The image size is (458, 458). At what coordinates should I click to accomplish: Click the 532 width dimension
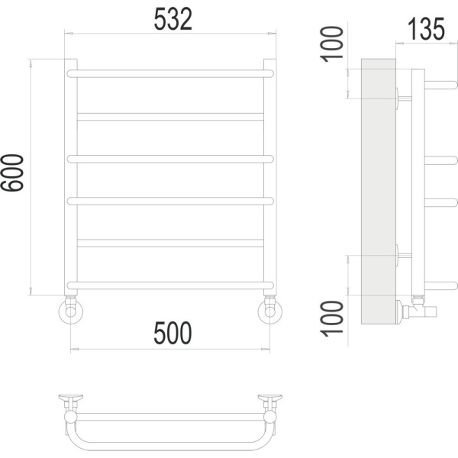point(173,19)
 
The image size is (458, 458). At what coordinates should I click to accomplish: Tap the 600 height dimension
point(12,173)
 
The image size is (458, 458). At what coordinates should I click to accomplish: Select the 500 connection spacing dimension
point(173,333)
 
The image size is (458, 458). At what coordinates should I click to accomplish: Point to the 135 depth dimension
point(426,29)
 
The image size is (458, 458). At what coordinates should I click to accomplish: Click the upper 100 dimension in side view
point(331,44)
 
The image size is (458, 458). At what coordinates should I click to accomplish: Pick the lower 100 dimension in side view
point(331,318)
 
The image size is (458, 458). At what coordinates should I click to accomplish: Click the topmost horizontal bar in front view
point(170,73)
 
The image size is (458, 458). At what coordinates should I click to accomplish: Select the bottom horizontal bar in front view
point(170,285)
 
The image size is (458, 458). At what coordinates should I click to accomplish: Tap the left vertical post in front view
point(71,177)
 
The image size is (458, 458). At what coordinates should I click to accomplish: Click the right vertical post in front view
point(270,177)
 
